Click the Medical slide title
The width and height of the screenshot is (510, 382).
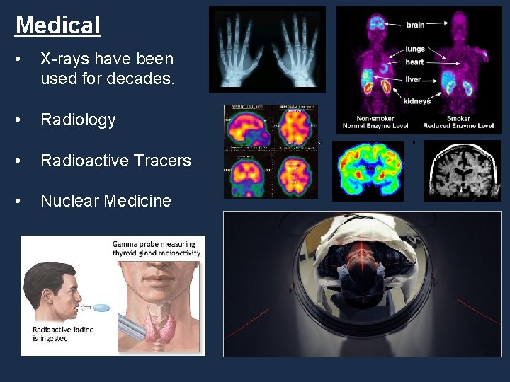tap(58, 25)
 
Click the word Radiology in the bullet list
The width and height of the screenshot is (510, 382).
tap(78, 120)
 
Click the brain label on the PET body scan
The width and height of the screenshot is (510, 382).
tap(415, 25)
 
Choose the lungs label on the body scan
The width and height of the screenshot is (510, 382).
tap(415, 50)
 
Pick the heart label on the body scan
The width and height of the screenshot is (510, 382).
tap(414, 62)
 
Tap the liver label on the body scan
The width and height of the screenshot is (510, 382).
tap(413, 80)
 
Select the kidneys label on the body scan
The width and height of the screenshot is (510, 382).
tap(416, 101)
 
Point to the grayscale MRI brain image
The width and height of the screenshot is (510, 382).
tap(462, 170)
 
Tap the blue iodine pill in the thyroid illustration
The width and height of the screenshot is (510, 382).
tap(102, 308)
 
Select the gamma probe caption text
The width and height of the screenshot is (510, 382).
tap(156, 248)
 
